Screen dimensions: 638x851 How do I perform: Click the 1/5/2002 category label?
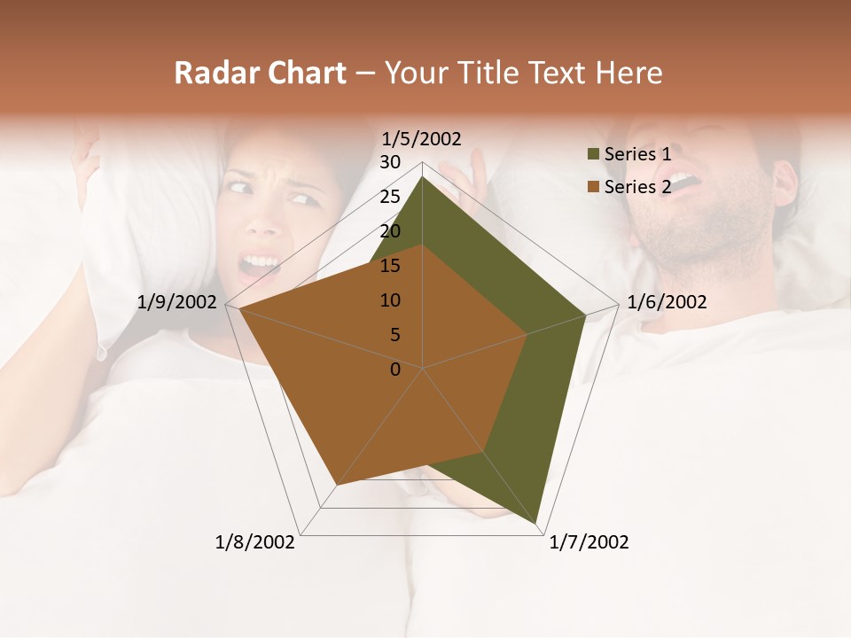(421, 139)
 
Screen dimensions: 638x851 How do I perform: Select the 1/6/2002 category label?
(667, 302)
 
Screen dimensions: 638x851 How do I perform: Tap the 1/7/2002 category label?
(589, 542)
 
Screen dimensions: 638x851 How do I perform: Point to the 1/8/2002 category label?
(255, 542)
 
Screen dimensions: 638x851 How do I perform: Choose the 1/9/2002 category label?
(177, 302)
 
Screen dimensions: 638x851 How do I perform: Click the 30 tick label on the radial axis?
(390, 162)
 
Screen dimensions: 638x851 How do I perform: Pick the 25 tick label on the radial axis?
(390, 197)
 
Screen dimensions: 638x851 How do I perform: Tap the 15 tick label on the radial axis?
(390, 266)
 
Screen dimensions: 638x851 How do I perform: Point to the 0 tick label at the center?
(395, 370)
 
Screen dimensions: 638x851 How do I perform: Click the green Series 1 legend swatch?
(593, 154)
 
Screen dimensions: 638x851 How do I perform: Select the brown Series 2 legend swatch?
(593, 186)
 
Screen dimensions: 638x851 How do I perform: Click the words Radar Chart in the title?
(260, 73)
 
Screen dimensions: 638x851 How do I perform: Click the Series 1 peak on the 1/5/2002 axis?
(423, 176)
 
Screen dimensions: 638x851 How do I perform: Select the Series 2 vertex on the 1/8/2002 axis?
(337, 485)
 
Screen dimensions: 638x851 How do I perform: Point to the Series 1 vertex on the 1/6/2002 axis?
(586, 315)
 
